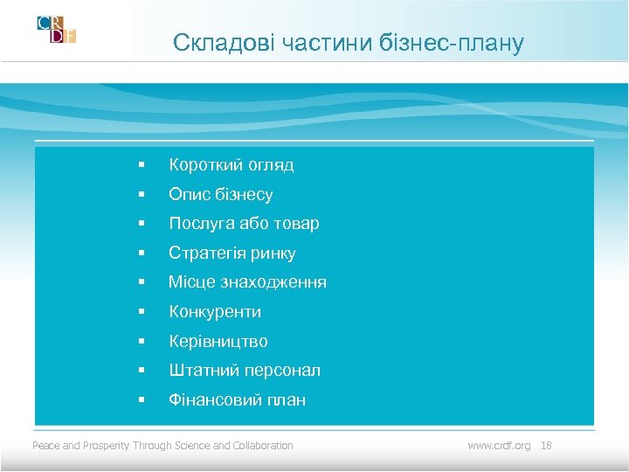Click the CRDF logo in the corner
pos(56,30)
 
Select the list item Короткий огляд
pos(231,164)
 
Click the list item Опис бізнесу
pos(220,194)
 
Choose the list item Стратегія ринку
pos(232,253)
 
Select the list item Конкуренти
pos(215,312)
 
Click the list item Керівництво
pos(218,342)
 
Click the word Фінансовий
pos(208,400)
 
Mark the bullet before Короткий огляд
pos(140,164)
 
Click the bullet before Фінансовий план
pos(140,400)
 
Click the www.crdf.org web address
pos(499,446)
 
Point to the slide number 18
pos(546,446)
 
